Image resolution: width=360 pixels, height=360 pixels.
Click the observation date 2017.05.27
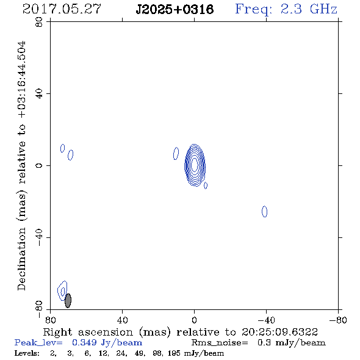pos(62,9)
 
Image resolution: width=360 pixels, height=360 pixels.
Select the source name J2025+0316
pos(175,9)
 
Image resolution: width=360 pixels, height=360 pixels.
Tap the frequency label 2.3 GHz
pos(309,9)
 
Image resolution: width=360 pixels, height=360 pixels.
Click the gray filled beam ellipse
pos(68,301)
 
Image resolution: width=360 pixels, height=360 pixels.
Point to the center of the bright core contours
pos(195,165)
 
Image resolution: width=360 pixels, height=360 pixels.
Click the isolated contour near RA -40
pos(264,212)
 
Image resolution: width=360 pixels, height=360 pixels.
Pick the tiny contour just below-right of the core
pos(206,185)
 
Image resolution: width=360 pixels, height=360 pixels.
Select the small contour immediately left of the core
pos(176,153)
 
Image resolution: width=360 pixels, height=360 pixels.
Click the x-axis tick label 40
pos(122,320)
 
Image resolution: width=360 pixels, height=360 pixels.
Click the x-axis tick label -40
pos(265,320)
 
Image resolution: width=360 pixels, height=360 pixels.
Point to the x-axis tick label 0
pos(194,320)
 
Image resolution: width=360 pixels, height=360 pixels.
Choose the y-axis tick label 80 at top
pos(39,22)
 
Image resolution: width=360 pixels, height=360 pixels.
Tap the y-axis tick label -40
pos(39,237)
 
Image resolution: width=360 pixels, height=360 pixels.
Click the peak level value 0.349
pos(84,342)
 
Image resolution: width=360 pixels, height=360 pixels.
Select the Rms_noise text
pos(220,343)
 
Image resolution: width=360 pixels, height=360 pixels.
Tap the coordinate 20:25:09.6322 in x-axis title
pos(279,332)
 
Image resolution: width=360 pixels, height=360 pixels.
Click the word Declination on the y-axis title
pos(21,259)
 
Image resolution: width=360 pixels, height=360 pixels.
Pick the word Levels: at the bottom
pos(27,353)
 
